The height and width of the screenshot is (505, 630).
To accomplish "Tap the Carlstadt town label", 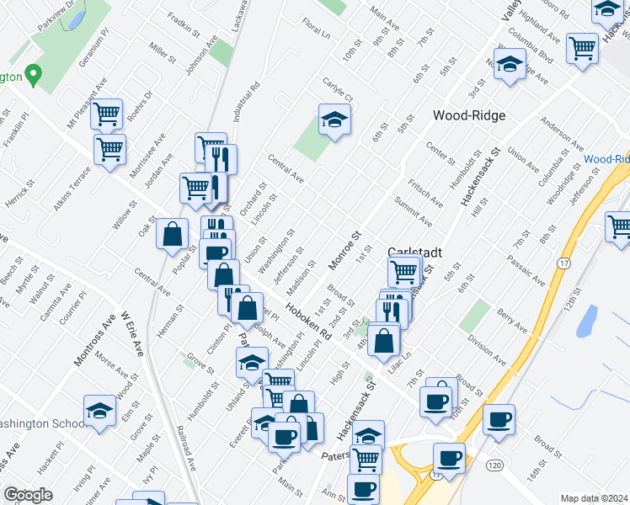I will tap(410, 252).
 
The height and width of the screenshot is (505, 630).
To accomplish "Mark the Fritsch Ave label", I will tap(425, 193).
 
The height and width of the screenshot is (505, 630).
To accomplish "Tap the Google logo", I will tap(28, 495).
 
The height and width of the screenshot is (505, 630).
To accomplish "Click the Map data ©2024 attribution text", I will tap(594, 498).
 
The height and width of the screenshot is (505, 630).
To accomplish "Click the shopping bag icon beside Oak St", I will tap(173, 235).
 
